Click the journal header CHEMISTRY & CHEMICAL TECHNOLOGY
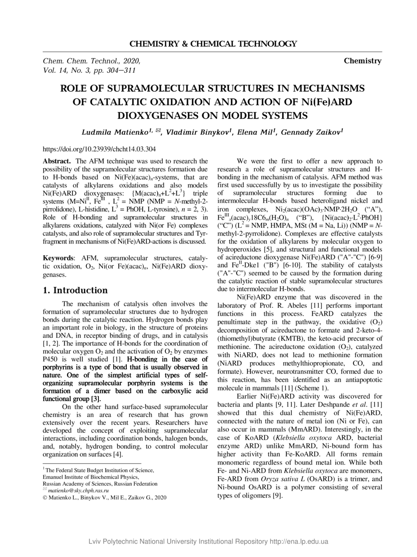(x=213, y=44)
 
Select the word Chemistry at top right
(x=363, y=61)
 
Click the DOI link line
(x=99, y=149)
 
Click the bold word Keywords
(x=58, y=258)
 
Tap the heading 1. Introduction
(x=75, y=290)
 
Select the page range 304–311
(x=121, y=70)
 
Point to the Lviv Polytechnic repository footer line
(x=208, y=541)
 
